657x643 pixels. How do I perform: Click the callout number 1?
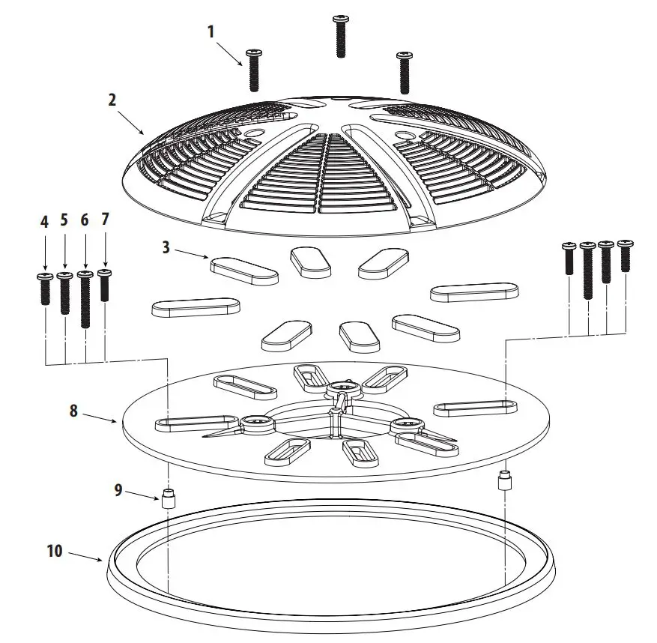point(211,31)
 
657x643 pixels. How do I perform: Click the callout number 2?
point(112,99)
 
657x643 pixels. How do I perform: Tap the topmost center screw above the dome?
point(341,35)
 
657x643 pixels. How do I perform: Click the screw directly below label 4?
point(44,289)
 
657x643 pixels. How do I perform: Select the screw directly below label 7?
point(105,285)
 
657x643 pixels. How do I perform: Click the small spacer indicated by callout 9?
point(169,498)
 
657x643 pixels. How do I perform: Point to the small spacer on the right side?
point(504,480)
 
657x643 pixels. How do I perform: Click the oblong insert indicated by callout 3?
point(243,271)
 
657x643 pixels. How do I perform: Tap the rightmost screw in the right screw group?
point(625,256)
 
